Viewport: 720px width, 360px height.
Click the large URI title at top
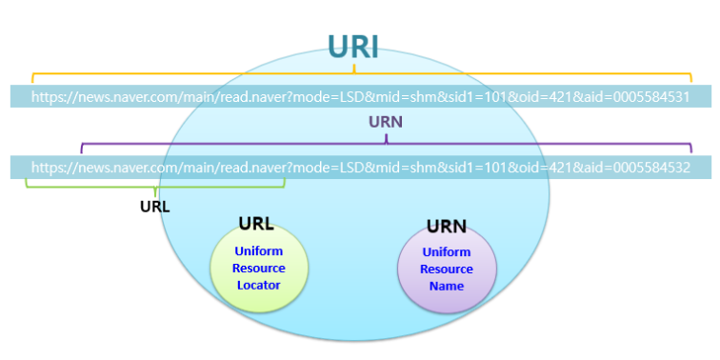pos(353,46)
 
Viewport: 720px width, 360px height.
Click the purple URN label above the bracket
pos(386,122)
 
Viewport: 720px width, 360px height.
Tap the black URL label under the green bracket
pos(155,205)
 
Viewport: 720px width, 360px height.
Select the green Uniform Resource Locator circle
pos(259,269)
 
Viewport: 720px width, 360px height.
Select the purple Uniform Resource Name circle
pos(446,269)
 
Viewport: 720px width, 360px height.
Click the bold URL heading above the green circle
pos(256,225)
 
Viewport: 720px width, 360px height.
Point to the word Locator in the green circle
pos(259,285)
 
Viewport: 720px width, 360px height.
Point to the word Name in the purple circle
pos(446,286)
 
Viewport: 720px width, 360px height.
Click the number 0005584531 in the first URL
pos(652,96)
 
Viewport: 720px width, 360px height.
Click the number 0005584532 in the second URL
pos(652,167)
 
